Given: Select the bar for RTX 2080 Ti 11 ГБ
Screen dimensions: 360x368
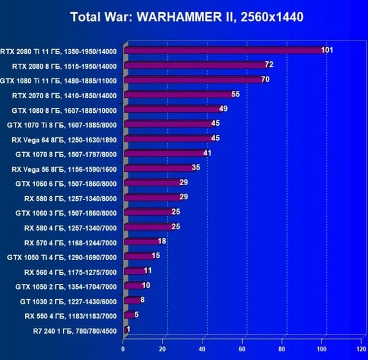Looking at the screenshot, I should pos(224,50).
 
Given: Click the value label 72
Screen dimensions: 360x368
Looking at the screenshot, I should pos(269,64).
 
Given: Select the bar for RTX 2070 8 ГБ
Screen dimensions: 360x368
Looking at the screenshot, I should pos(178,95).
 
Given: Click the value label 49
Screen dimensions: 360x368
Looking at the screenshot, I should pos(223,109).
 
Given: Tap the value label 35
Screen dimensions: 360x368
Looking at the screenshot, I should pos(196,167).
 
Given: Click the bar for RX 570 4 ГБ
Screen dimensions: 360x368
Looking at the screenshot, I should pos(141,242).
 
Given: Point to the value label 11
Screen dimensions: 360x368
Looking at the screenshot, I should pos(148,270).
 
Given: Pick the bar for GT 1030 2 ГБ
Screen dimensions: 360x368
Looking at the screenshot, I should pos(131,301).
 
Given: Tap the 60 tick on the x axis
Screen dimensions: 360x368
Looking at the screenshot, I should pos(243,350).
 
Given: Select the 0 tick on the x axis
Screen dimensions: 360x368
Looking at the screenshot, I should pos(123,350).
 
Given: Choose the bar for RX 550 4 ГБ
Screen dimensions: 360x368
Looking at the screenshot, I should pos(128,315).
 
